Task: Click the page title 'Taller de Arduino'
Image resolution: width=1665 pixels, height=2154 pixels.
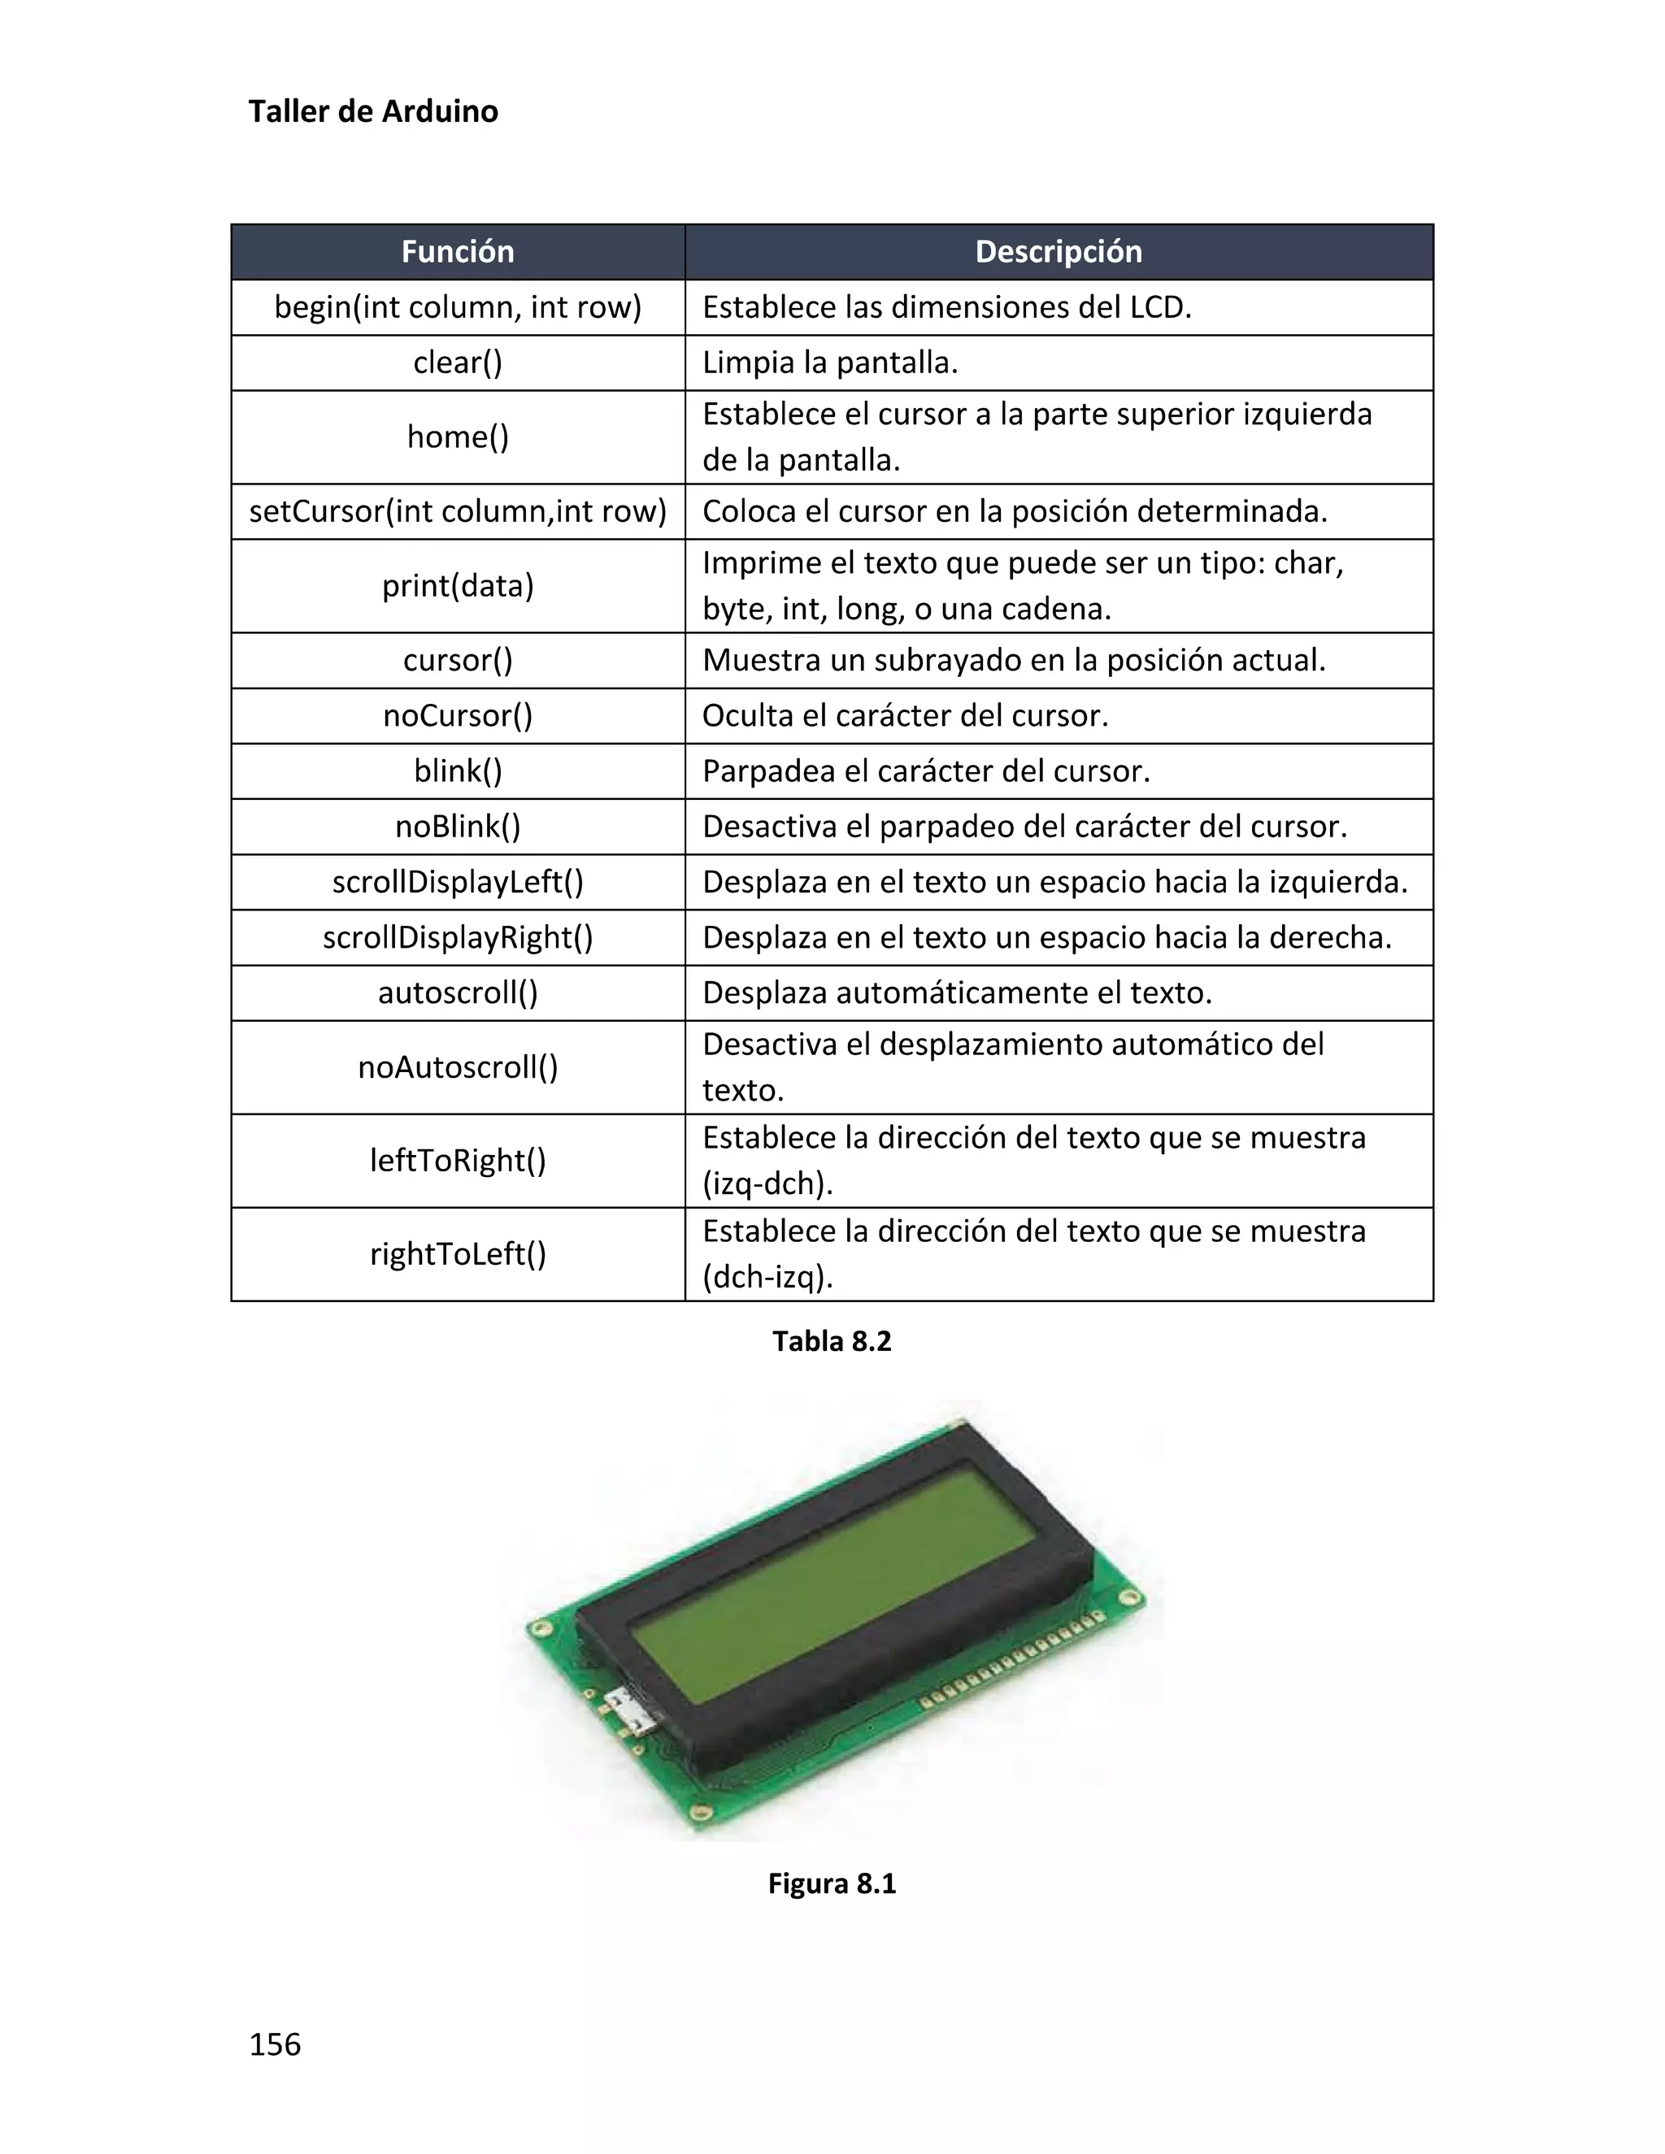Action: (373, 111)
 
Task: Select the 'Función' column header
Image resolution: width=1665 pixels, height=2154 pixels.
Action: (458, 251)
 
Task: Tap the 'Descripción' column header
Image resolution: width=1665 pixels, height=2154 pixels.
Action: (1059, 251)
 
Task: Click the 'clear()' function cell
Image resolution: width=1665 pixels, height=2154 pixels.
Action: (458, 363)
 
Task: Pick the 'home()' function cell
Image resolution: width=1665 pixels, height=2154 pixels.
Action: (458, 437)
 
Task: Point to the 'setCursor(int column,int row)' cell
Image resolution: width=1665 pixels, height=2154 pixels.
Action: (458, 511)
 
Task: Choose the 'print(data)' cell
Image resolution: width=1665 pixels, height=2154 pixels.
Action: (458, 586)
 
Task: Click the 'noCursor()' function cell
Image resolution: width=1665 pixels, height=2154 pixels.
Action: (458, 715)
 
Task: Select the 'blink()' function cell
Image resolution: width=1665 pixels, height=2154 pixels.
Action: (458, 771)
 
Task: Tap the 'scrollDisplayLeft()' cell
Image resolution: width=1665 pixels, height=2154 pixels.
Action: (458, 882)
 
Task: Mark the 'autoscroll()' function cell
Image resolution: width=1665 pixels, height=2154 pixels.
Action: (458, 992)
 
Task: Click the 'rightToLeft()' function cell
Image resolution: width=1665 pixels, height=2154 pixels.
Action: (458, 1253)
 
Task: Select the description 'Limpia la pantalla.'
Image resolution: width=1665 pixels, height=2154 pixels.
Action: (829, 363)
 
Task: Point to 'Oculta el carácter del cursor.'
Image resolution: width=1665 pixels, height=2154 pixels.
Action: (906, 715)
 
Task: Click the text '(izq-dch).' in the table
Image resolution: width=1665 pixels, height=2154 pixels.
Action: (767, 1183)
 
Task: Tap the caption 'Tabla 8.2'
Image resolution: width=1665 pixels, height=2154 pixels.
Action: (832, 1341)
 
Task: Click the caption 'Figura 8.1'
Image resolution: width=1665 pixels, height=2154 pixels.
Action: (832, 1884)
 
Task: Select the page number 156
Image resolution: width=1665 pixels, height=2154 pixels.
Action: (276, 2044)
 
